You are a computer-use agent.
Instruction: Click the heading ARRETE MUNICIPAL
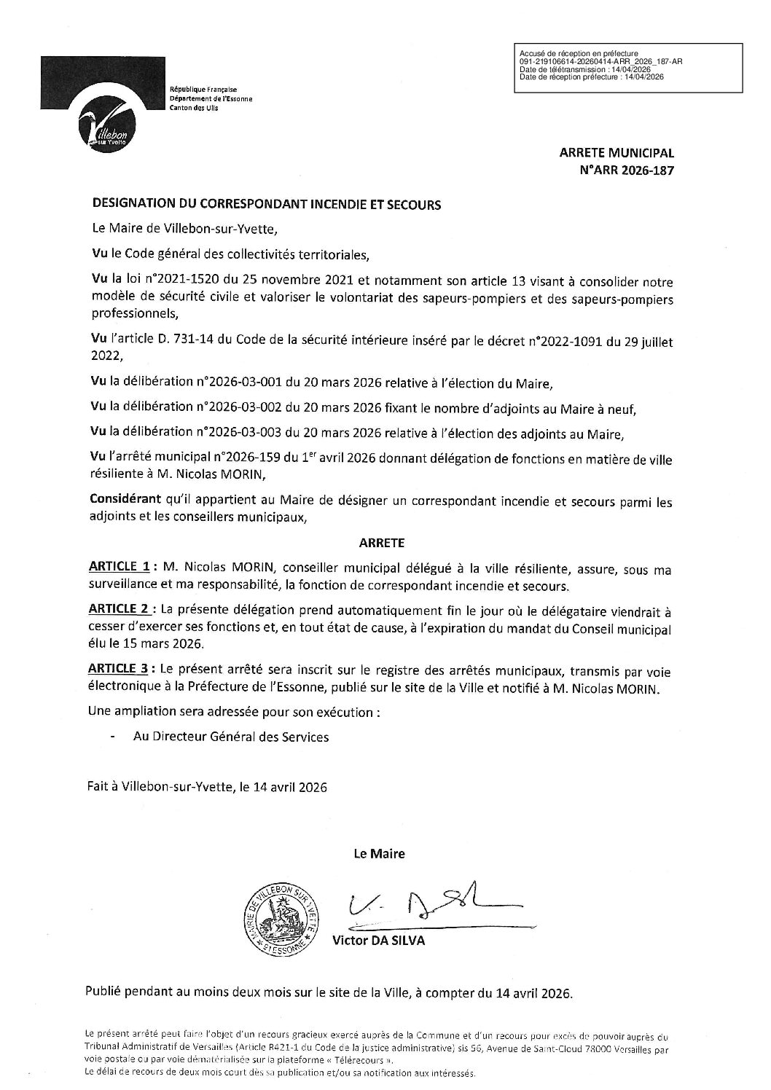[617, 154]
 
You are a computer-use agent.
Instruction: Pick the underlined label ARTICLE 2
[120, 608]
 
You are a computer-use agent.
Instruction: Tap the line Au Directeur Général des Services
[230, 737]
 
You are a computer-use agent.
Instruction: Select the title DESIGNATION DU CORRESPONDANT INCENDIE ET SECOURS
[266, 205]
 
